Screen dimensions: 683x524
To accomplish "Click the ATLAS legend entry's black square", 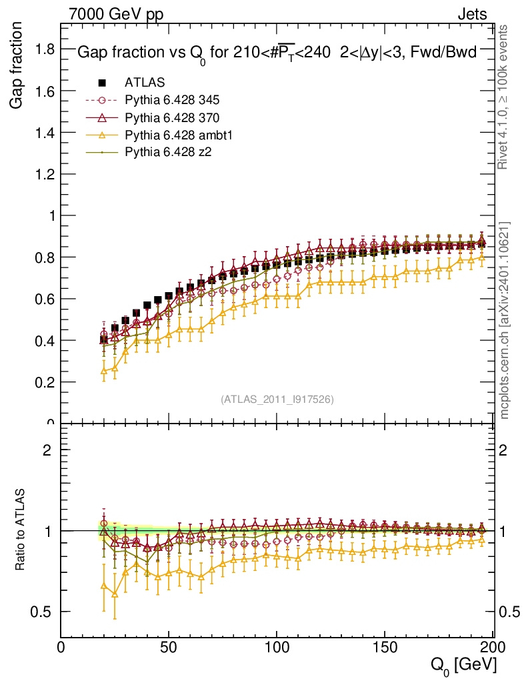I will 102,83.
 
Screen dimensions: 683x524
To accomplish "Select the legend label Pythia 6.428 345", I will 172,100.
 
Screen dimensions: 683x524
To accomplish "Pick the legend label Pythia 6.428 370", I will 172,117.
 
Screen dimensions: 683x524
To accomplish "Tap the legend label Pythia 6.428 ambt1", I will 177,135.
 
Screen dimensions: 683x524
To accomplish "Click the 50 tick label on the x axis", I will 169,648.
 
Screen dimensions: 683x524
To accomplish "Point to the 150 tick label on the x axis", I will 384,648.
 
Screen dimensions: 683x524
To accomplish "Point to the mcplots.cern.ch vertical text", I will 505,320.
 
